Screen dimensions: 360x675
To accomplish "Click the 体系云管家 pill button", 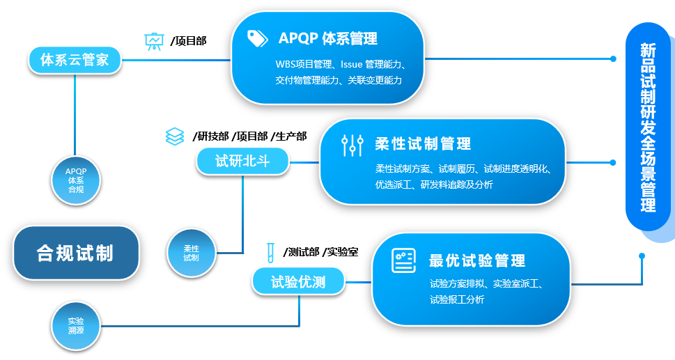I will click(x=75, y=59).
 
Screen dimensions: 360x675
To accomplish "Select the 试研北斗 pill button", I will click(x=242, y=162).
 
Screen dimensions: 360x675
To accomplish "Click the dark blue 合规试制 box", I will click(x=75, y=253).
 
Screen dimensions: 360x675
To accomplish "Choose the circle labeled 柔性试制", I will click(x=191, y=253).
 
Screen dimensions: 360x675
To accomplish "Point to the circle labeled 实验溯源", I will click(x=75, y=325).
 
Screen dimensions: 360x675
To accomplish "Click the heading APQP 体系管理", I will click(x=327, y=38).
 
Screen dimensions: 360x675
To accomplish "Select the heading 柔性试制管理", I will click(x=423, y=143).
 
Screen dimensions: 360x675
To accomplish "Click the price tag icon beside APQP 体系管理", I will click(x=258, y=38).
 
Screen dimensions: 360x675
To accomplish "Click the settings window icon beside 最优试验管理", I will click(x=403, y=260).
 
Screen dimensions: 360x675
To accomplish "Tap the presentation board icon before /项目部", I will click(x=153, y=41).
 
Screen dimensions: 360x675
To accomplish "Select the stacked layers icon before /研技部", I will click(x=175, y=136).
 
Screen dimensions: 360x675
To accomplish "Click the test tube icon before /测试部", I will click(x=271, y=251).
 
